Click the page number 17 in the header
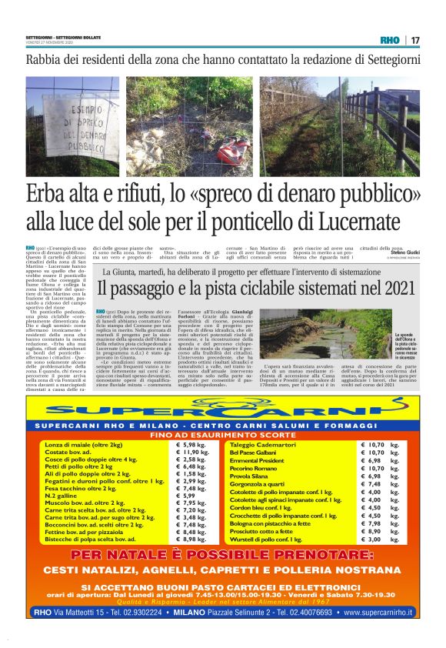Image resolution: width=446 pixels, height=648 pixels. pyautogui.click(x=415, y=40)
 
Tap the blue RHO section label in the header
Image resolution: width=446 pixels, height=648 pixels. pyautogui.click(x=391, y=40)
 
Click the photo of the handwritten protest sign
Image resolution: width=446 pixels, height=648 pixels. pyautogui.click(x=71, y=126)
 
